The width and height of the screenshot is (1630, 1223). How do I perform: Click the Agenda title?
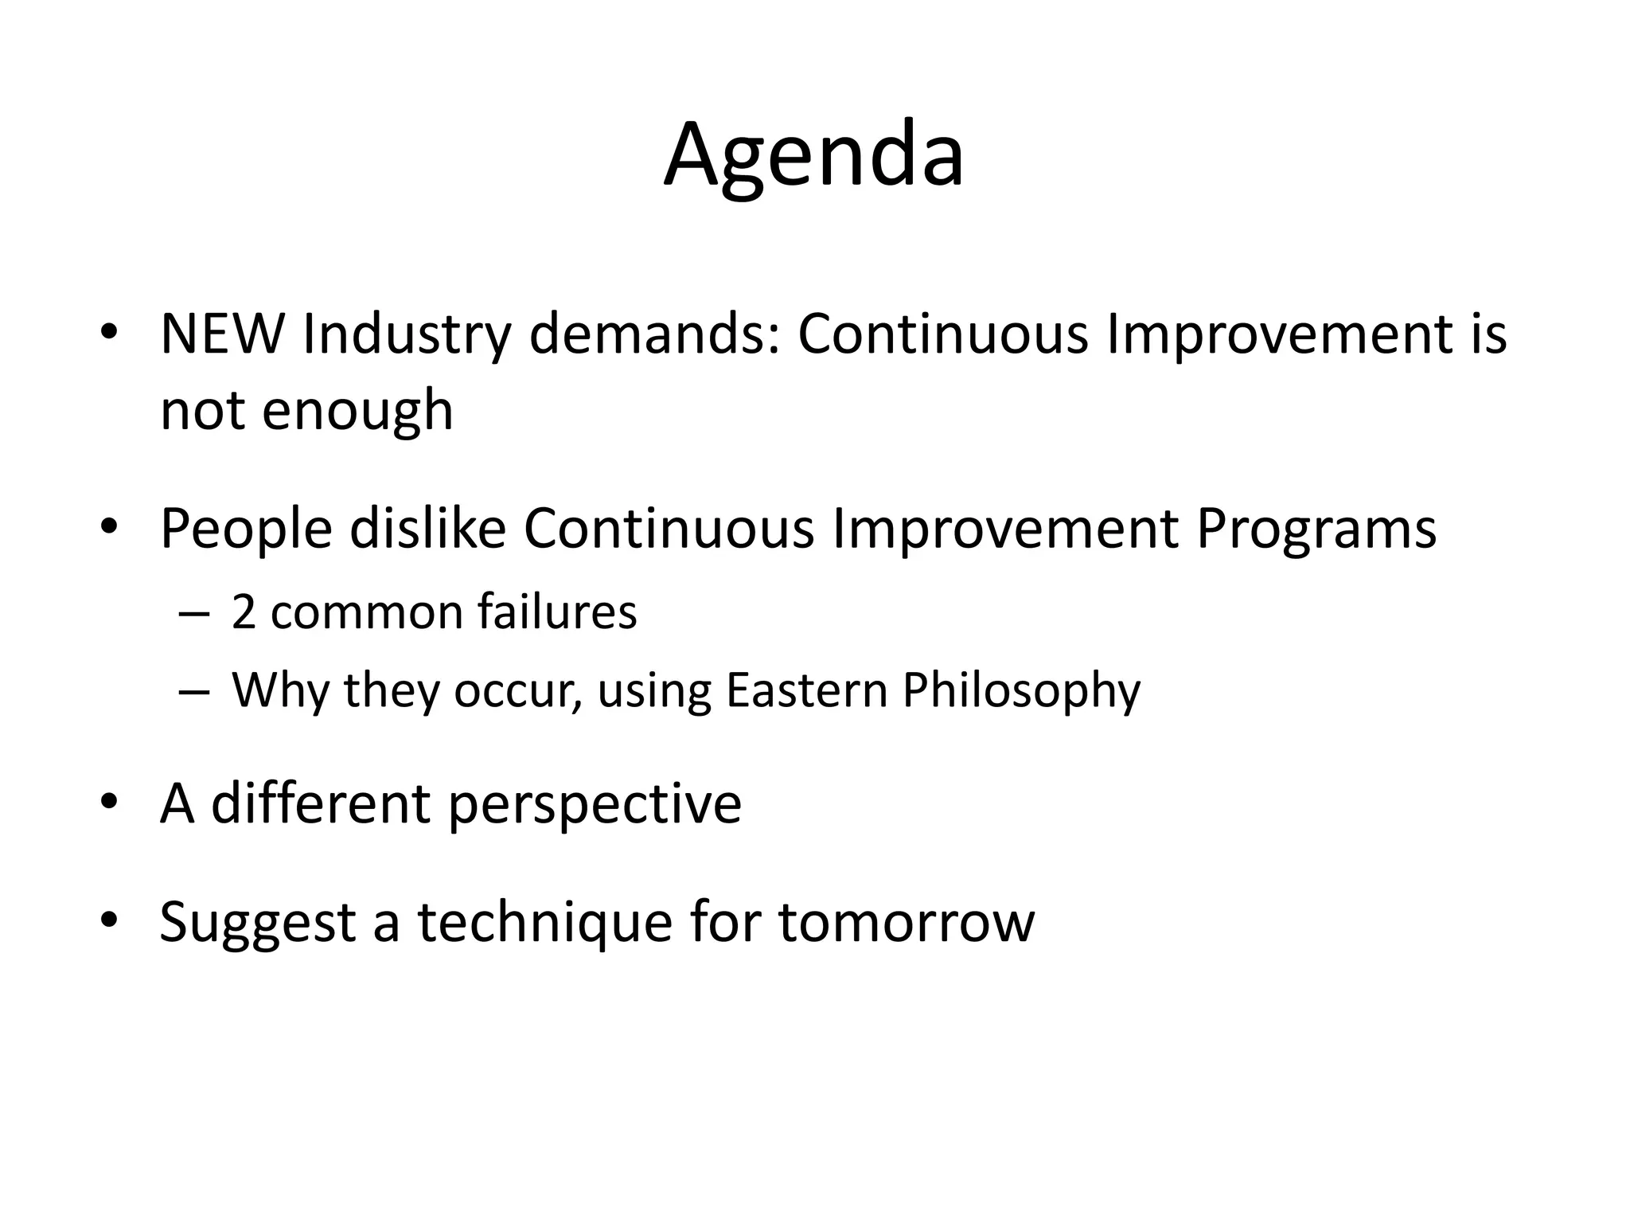pyautogui.click(x=814, y=156)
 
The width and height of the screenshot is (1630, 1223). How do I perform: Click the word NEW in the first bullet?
pyautogui.click(x=222, y=334)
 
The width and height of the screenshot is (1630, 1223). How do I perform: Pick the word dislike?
pyautogui.click(x=428, y=529)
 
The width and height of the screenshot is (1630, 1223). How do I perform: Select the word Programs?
pyautogui.click(x=1316, y=530)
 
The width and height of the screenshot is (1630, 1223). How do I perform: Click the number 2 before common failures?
pyautogui.click(x=244, y=613)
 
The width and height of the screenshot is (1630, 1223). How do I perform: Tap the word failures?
pyautogui.click(x=557, y=613)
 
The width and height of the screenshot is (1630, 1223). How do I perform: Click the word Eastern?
pyautogui.click(x=806, y=690)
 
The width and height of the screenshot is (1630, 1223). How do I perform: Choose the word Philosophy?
pyautogui.click(x=1021, y=691)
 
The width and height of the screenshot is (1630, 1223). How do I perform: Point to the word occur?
pyautogui.click(x=517, y=691)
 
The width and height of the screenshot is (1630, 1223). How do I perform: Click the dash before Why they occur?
pyautogui.click(x=194, y=691)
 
